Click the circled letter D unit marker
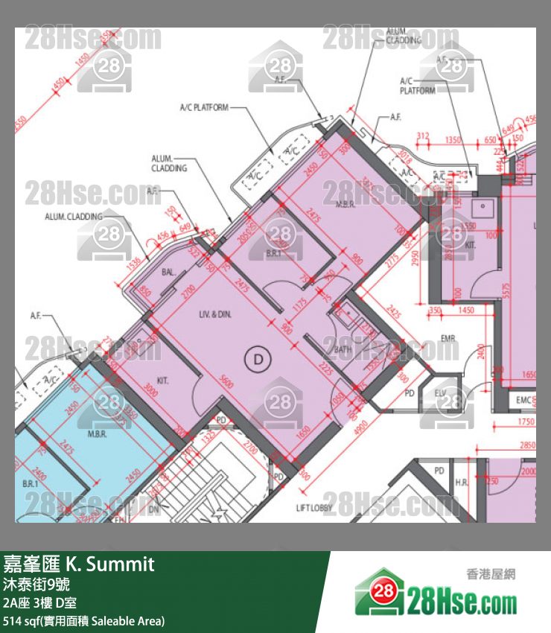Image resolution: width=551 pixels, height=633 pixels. pyautogui.click(x=258, y=359)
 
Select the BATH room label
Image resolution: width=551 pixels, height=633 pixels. pyautogui.click(x=343, y=349)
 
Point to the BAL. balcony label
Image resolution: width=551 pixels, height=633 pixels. pyautogui.click(x=169, y=273)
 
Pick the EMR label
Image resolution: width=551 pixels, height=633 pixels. pyautogui.click(x=448, y=340)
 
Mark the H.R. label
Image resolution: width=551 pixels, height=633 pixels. pyautogui.click(x=462, y=483)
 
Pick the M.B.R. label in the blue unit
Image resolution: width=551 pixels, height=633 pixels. pyautogui.click(x=98, y=434)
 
